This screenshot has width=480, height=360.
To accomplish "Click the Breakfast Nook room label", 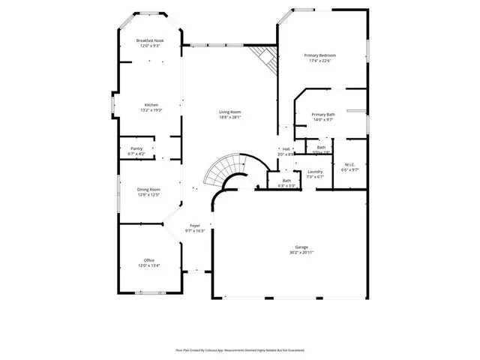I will click(x=149, y=40).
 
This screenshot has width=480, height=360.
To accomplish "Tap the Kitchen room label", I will click(x=151, y=104).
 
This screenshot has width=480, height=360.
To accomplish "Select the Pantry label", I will click(x=136, y=148).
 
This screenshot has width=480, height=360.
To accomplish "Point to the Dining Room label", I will click(x=149, y=190).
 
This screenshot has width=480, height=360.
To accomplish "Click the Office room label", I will click(x=149, y=260).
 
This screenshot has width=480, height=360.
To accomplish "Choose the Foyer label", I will click(x=195, y=225).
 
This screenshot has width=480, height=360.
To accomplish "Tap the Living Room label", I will click(x=230, y=112).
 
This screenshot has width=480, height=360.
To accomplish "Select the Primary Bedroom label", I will click(x=319, y=55).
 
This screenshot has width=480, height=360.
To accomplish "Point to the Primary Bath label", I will click(x=323, y=114).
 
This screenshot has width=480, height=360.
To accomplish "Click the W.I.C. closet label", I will click(x=350, y=164).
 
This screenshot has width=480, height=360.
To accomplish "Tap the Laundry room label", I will click(x=315, y=172).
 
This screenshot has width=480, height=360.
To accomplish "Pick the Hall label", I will click(x=286, y=148).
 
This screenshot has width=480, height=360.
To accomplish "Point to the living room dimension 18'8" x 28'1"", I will click(x=230, y=117).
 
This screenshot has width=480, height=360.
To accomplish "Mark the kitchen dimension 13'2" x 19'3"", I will click(x=151, y=109).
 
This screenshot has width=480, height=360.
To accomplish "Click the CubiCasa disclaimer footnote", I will click(x=240, y=349).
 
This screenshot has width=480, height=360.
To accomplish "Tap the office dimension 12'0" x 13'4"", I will click(x=149, y=265).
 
